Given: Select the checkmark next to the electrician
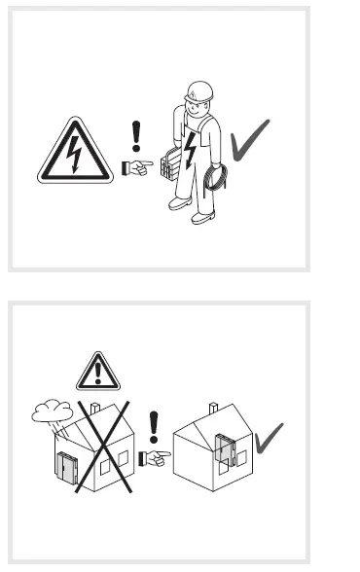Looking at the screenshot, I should point(249,140).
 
